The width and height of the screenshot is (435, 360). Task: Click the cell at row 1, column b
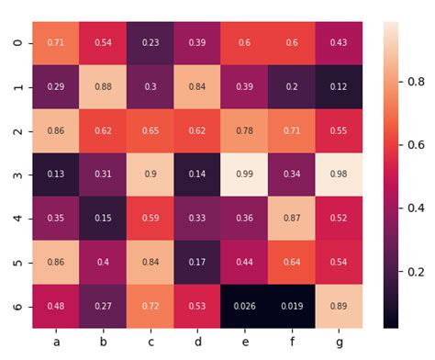[103, 87]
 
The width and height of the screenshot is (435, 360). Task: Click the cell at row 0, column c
[150, 43]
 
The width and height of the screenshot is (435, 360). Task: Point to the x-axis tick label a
[56, 342]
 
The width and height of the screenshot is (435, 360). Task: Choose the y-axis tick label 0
[18, 43]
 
